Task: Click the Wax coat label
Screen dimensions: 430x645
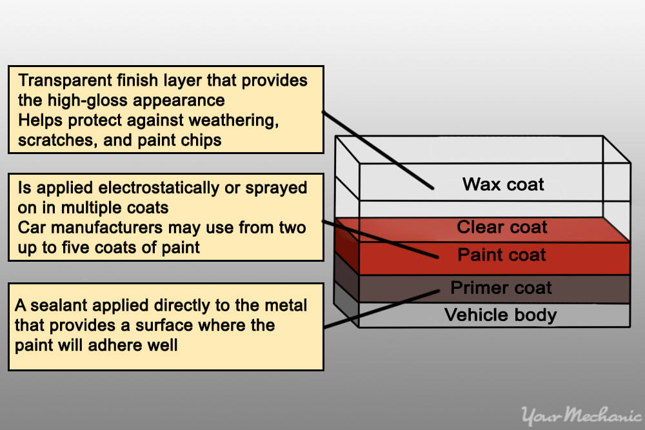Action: coord(503,185)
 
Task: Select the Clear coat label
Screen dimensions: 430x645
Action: coord(502,227)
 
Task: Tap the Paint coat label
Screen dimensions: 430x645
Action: coord(502,255)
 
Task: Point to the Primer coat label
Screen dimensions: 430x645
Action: coord(501,288)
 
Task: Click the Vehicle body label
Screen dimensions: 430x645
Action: coord(501,315)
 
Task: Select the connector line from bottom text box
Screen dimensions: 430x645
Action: coord(381,309)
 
